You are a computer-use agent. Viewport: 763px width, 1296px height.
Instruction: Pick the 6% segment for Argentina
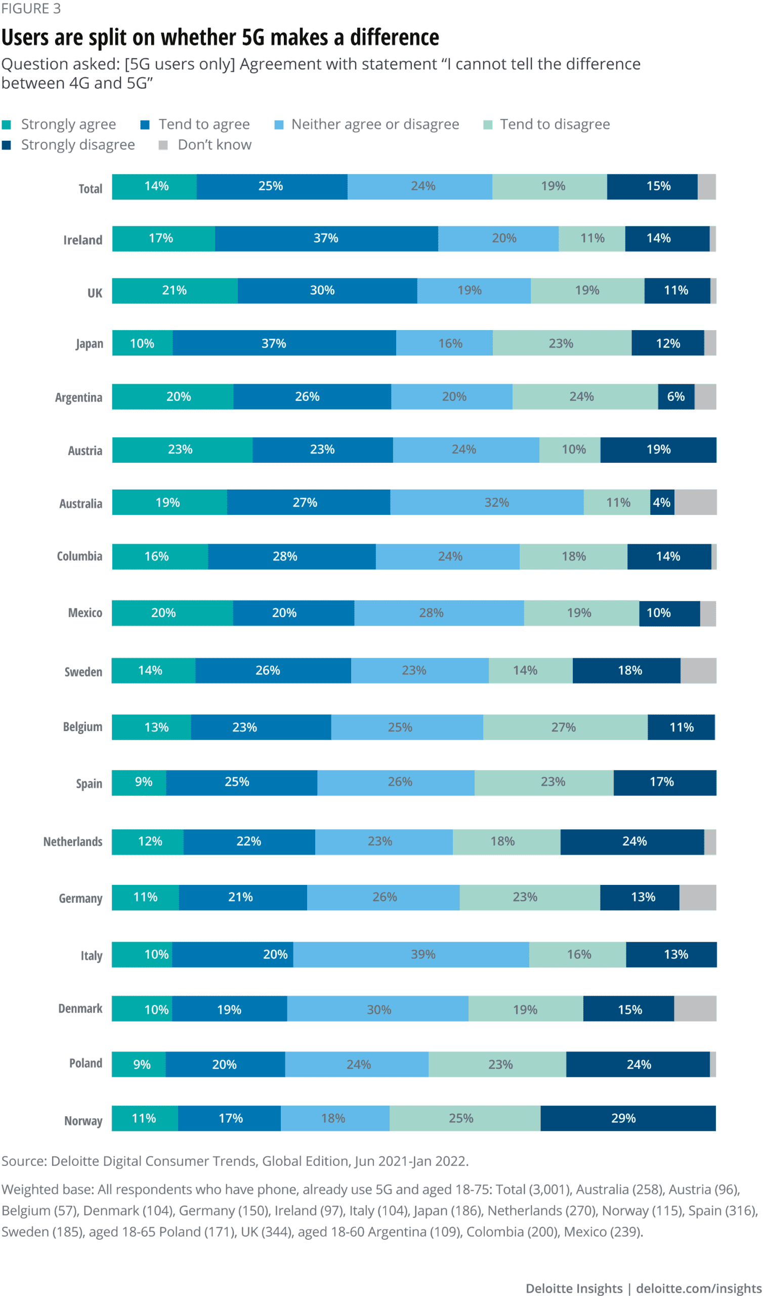pos(676,396)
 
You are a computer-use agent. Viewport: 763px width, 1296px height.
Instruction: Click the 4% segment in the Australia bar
pos(662,503)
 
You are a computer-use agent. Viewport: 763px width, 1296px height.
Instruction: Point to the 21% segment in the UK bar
pos(175,291)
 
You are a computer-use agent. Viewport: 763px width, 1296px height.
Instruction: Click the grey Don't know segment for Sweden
pos(698,671)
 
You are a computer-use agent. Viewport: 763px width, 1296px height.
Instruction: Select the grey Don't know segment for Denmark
pos(695,1009)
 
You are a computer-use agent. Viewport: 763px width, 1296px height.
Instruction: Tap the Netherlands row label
pos(72,842)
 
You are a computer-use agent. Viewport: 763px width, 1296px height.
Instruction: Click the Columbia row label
pos(80,556)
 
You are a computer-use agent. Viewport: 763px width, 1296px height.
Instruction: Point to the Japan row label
pos(90,344)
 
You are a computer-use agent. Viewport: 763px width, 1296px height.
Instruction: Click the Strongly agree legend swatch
pos(6,125)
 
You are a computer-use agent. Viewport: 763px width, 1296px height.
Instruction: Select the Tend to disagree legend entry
pos(554,125)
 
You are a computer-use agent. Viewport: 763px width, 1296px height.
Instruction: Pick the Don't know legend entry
pos(215,145)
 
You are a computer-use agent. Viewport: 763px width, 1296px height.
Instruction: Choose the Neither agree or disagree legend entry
pos(375,125)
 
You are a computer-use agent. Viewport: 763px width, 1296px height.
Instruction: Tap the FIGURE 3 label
pos(31,9)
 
